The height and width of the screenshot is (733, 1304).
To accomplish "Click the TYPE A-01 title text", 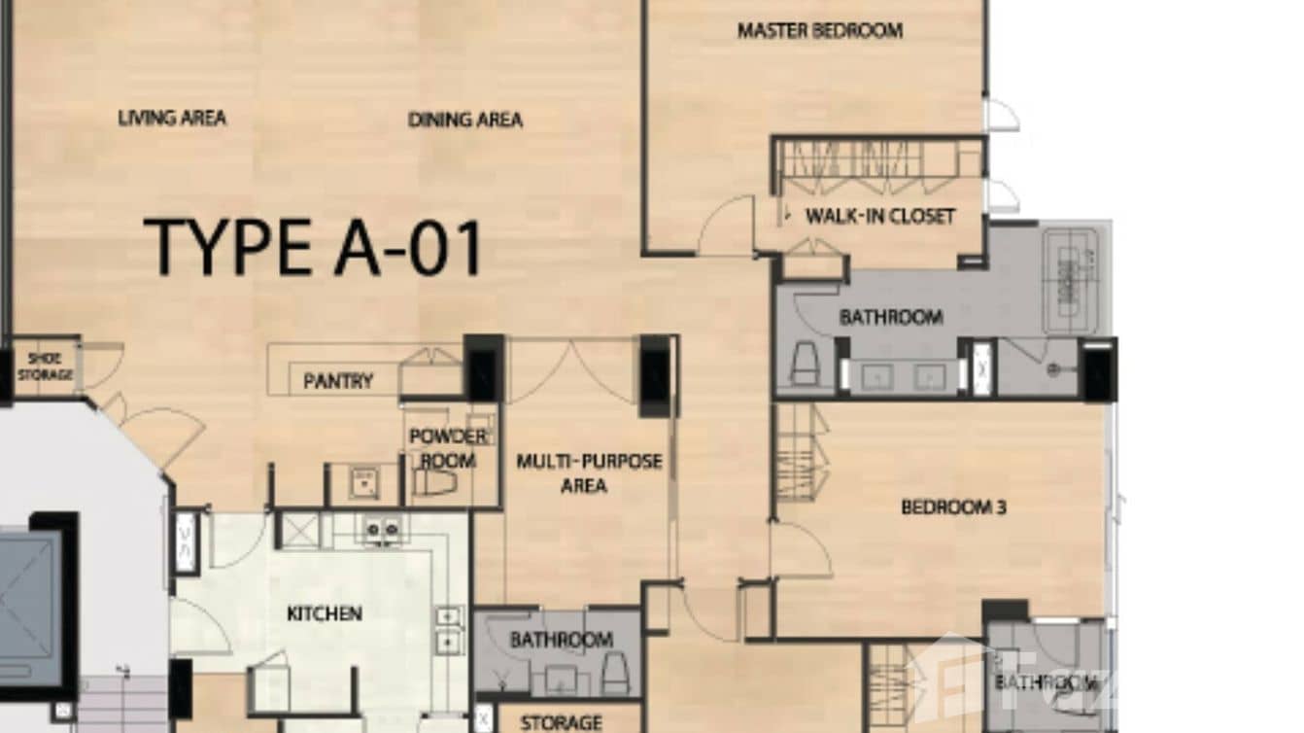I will coord(313,247).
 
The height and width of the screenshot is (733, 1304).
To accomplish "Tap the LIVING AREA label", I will coord(172,119).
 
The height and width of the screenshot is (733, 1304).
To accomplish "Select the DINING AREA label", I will coord(464,121).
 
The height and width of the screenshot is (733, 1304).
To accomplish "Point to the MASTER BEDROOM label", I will coord(819,30).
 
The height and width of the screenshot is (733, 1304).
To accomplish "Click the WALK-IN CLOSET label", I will coord(880,216).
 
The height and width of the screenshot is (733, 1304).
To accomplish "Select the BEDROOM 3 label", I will coord(952,507).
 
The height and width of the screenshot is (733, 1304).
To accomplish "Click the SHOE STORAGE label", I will coord(44,366).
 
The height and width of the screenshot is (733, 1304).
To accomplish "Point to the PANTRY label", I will coord(338,381).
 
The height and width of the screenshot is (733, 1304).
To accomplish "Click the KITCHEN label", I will coord(325,613).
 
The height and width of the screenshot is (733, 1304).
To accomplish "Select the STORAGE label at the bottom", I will coord(561,722).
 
